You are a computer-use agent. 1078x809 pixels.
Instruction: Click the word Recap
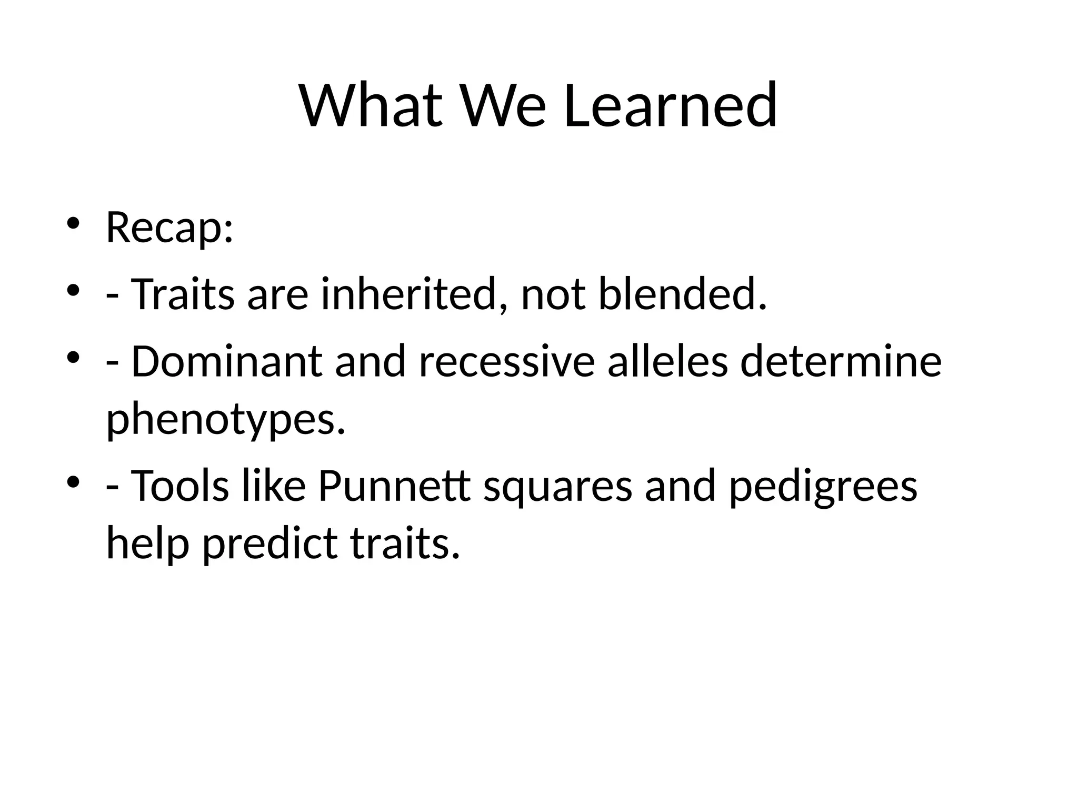tap(169, 227)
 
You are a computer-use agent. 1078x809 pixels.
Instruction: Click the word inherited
tap(408, 294)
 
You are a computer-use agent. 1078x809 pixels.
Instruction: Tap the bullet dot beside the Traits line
tap(73, 290)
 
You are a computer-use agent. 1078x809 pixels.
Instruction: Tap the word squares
tap(557, 488)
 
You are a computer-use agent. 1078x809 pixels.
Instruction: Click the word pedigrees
tap(823, 488)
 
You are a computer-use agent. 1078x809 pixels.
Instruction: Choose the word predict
tap(269, 544)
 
